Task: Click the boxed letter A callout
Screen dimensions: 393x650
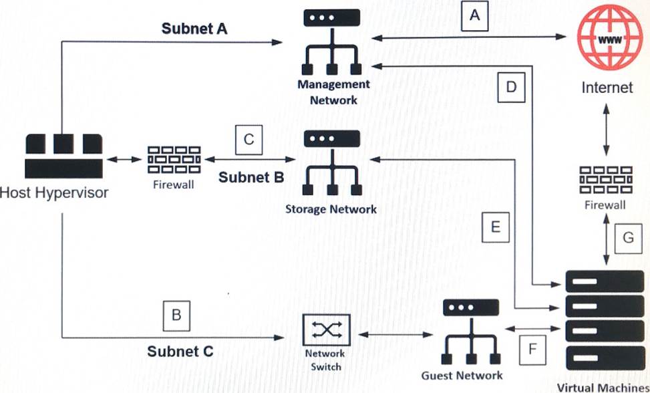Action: click(x=475, y=16)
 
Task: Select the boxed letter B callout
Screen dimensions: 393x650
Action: click(x=176, y=315)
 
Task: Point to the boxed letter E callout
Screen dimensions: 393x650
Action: click(x=495, y=227)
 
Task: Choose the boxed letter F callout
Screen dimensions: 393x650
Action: click(x=532, y=348)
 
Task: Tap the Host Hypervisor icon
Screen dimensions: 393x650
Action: click(x=63, y=154)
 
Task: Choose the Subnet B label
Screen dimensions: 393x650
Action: click(x=252, y=177)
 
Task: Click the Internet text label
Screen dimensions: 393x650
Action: click(x=607, y=87)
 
